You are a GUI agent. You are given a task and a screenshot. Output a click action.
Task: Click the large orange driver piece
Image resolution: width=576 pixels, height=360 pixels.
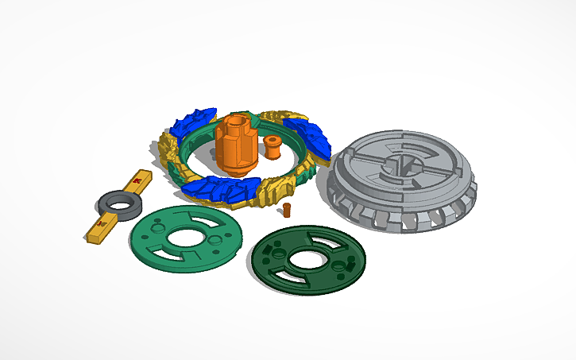tap(236, 147)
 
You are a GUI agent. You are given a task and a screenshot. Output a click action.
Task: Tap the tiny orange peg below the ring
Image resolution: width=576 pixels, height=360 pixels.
tap(287, 210)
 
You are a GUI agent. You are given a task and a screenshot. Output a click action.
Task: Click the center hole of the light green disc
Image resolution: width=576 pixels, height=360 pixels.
tap(185, 236)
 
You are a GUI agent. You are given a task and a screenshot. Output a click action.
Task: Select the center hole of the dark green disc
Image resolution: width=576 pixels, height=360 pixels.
tap(304, 260)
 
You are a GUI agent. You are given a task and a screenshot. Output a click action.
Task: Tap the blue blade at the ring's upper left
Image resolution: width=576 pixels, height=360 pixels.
tap(193, 121)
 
